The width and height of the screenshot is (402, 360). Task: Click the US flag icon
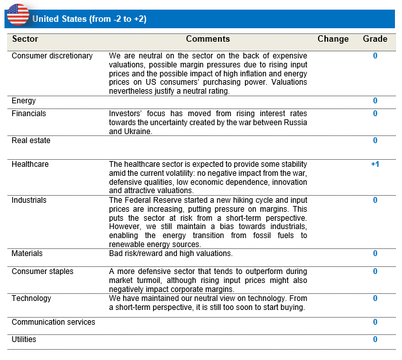18,13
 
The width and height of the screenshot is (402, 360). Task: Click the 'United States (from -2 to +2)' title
89,19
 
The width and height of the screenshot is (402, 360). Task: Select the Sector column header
25,39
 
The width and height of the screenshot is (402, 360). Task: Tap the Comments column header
208,39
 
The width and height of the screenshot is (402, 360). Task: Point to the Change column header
333,39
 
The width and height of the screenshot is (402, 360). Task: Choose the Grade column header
375,39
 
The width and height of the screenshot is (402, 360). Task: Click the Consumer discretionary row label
52,56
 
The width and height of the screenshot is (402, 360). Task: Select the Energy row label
24,101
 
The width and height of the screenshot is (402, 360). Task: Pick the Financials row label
29,114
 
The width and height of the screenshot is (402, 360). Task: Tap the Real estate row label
31,141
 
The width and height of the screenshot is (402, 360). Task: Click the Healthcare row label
30,164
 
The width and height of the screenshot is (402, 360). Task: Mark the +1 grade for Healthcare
375,164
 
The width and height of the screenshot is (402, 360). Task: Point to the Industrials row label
29,200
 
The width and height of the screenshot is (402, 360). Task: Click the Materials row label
27,253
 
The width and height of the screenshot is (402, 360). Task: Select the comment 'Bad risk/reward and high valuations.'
171,253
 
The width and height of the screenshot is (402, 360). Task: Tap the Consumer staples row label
42,271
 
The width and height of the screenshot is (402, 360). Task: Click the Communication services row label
53,322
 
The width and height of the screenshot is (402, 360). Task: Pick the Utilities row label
24,339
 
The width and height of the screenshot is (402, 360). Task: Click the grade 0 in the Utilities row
375,339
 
